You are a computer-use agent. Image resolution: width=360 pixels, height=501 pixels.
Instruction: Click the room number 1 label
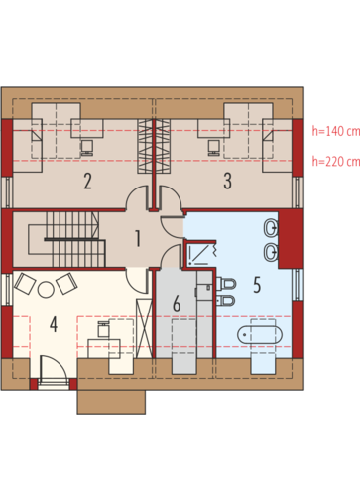[x=138, y=238]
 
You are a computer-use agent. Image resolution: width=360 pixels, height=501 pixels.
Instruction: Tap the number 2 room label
[x=87, y=182]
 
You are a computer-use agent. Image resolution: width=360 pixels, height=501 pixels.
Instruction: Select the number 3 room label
[x=227, y=182]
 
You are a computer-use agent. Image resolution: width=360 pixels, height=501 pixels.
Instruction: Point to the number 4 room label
[x=54, y=324]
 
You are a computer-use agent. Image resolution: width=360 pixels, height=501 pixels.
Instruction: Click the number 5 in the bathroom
[x=257, y=285]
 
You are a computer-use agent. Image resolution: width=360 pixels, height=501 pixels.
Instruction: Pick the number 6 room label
[x=177, y=304]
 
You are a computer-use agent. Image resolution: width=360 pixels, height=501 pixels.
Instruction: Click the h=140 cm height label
[x=336, y=131]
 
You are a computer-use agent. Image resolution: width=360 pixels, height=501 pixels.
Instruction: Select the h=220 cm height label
[x=336, y=162]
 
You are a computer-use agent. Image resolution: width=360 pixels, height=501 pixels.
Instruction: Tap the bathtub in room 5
[x=260, y=335]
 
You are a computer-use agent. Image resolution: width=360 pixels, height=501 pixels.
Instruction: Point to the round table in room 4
[x=46, y=290]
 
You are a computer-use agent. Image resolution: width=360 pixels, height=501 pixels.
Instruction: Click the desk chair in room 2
[x=87, y=147]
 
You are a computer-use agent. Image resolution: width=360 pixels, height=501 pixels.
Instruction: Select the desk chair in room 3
[x=213, y=147]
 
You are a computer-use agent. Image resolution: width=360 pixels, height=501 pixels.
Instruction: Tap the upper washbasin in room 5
[x=271, y=228]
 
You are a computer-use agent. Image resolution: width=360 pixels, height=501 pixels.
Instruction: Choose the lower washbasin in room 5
[x=271, y=252]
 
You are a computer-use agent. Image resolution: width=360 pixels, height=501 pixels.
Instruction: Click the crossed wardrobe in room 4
[x=144, y=328]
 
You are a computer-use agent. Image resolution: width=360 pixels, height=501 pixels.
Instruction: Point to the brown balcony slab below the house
[x=111, y=402]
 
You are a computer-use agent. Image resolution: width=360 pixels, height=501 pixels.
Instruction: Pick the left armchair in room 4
[x=25, y=283]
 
